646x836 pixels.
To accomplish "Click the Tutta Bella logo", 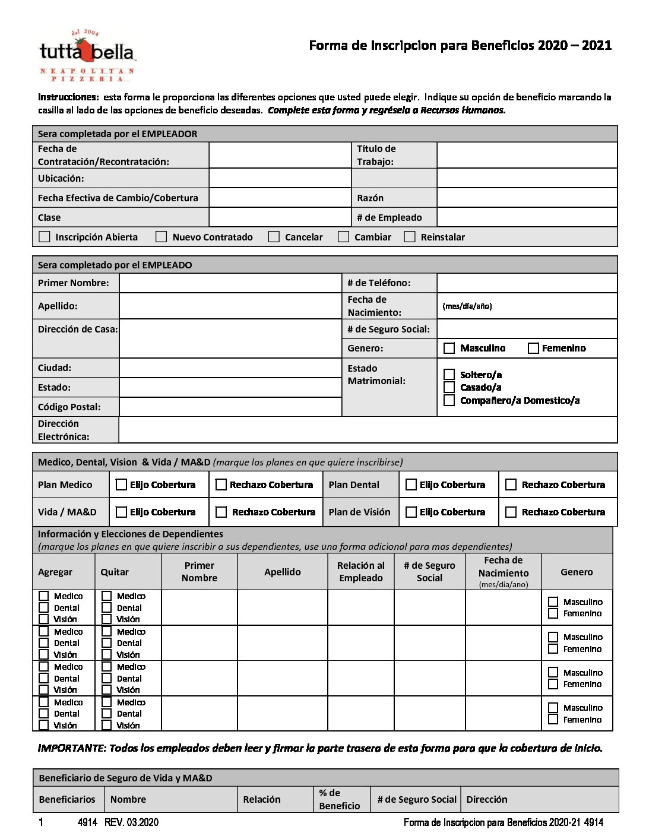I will (87, 55).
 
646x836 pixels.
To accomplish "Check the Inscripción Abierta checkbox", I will (45, 237).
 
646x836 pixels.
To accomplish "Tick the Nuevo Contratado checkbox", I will (161, 237).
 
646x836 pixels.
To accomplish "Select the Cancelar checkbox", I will (274, 237).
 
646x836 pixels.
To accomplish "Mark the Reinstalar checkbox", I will (410, 237).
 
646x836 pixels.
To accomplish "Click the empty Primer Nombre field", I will (230, 283).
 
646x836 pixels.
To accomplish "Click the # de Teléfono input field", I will (527, 283).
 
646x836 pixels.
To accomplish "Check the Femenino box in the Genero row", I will (533, 349).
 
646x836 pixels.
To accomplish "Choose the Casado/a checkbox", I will (449, 387).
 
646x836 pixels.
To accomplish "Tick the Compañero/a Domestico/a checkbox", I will (449, 401).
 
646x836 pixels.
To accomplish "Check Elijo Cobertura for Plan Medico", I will (121, 485).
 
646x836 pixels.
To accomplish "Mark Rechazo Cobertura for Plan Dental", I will (511, 485).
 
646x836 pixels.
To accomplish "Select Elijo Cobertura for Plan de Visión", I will (411, 512).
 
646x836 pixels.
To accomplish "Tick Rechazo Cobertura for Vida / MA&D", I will (221, 512).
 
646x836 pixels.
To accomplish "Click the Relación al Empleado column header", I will (360, 572).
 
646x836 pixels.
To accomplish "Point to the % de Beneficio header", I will (339, 799).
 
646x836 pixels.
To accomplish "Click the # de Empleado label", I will (389, 218).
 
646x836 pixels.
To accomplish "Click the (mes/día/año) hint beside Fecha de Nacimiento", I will (467, 306).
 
